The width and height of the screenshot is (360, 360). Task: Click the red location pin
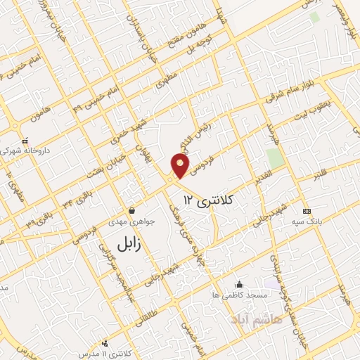tap(181, 166)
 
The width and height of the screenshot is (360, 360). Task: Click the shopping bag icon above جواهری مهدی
tap(132, 210)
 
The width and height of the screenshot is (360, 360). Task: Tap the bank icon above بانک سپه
tap(306, 210)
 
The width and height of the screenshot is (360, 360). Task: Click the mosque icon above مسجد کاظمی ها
tap(240, 284)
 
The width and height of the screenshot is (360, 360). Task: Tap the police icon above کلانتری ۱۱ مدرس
tap(105, 344)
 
